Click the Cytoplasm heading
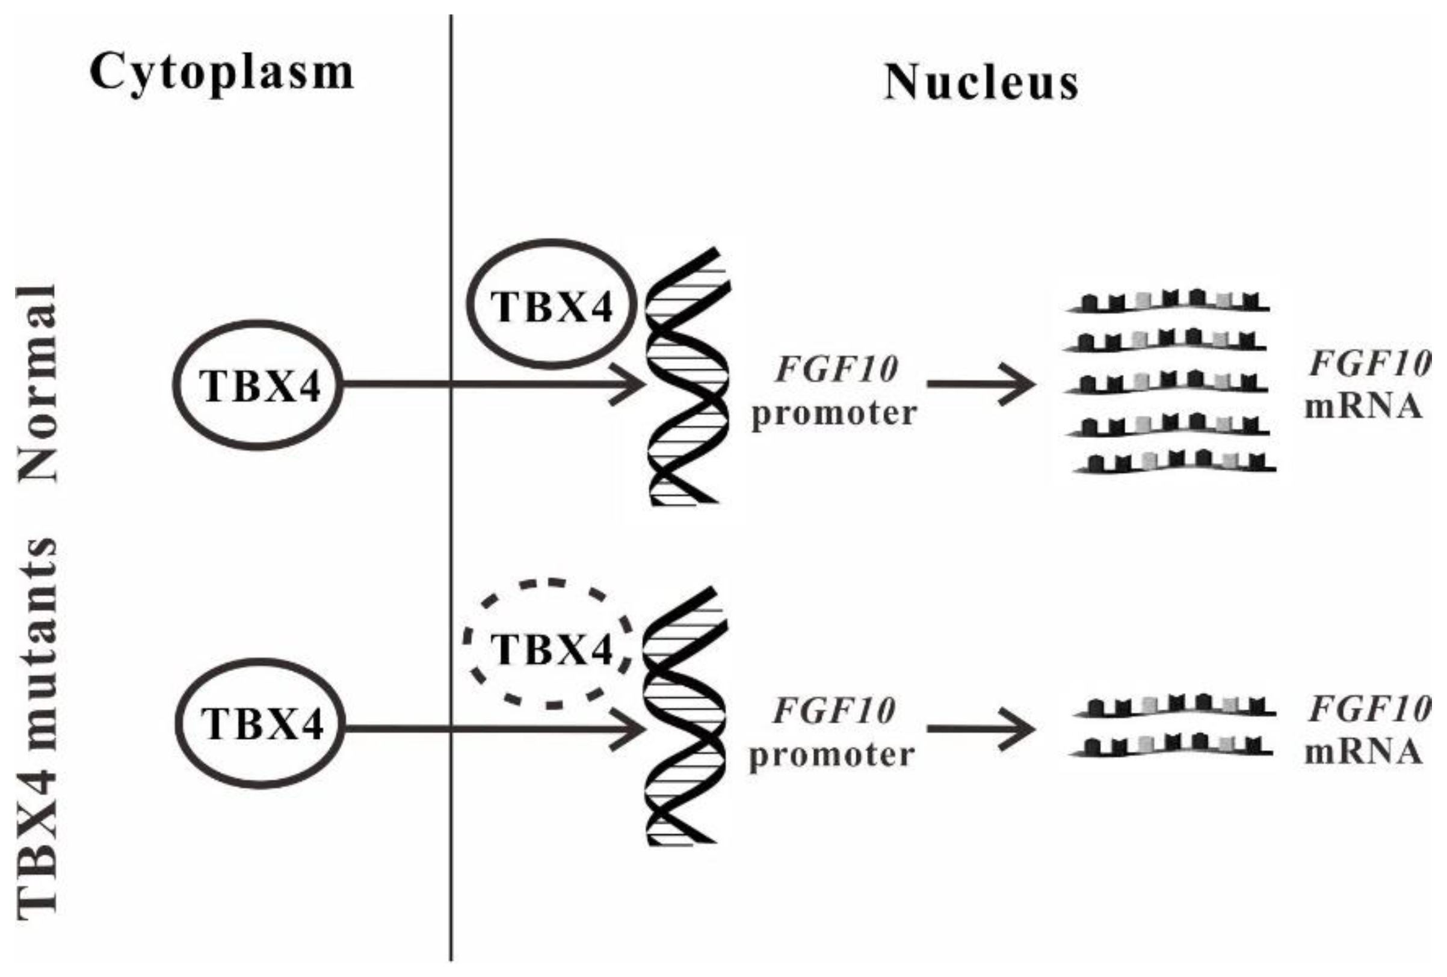(221, 73)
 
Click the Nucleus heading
(981, 83)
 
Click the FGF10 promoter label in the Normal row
(835, 390)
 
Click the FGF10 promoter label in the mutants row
(832, 732)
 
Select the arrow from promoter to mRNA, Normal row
(980, 385)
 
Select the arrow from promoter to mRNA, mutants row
(980, 729)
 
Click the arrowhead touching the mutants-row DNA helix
(628, 729)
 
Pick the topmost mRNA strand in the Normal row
(1167, 302)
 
